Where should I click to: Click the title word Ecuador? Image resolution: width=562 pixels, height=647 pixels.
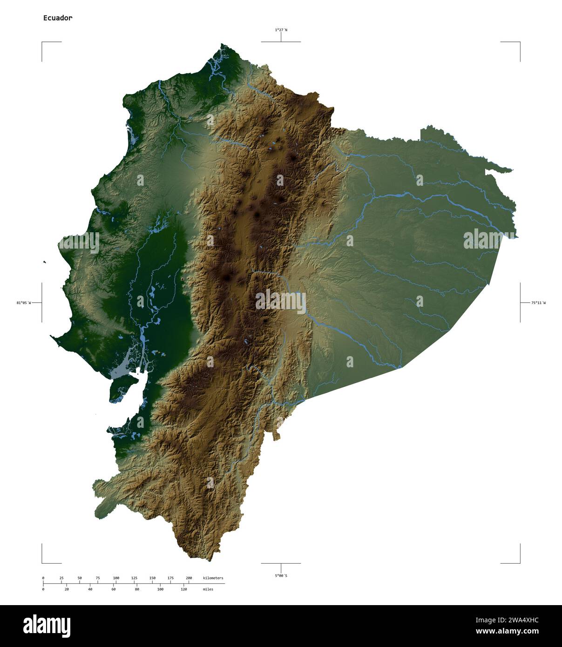(58, 18)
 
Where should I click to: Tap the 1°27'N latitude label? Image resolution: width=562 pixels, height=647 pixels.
(281, 30)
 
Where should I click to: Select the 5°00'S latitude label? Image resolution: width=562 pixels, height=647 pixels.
(281, 576)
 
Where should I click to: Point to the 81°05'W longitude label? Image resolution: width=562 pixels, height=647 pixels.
(23, 303)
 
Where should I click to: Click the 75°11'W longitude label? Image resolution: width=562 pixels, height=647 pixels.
(538, 303)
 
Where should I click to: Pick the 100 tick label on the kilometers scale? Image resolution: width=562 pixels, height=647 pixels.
(116, 578)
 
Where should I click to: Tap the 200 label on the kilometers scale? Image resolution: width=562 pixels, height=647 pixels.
(189, 578)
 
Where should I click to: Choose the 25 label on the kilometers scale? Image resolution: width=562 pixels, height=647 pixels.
(61, 578)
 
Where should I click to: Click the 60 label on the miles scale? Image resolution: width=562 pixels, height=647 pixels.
(113, 589)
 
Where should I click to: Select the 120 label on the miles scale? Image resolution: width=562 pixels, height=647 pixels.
(183, 589)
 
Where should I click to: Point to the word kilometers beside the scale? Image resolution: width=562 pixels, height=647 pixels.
(213, 578)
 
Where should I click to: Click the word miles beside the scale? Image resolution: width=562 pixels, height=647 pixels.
(208, 589)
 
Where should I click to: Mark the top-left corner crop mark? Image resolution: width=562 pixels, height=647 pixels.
(42, 42)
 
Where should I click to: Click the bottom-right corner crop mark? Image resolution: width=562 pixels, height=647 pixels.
(519, 562)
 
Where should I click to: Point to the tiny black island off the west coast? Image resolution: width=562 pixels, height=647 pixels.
(45, 263)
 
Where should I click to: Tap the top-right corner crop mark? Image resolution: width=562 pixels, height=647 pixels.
(519, 42)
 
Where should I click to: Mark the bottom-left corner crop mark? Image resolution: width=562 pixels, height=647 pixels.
(42, 562)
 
